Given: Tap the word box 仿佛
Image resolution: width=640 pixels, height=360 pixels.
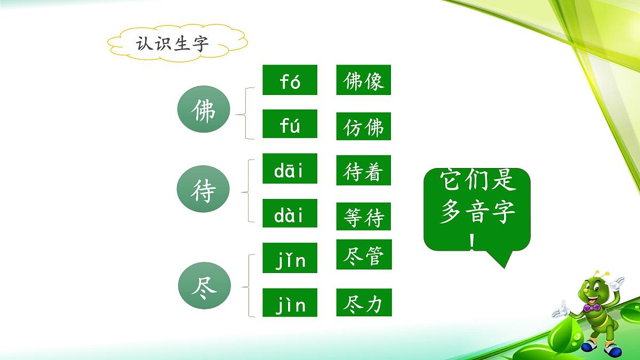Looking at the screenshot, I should point(364,126).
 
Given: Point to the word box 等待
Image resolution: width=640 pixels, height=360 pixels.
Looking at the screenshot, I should point(364,217).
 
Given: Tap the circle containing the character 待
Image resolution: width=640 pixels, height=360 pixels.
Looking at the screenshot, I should point(203,191).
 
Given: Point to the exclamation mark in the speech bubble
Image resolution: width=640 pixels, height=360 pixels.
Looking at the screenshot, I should point(473,242).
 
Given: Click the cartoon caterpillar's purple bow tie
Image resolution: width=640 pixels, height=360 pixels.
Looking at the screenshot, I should point(590,308).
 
